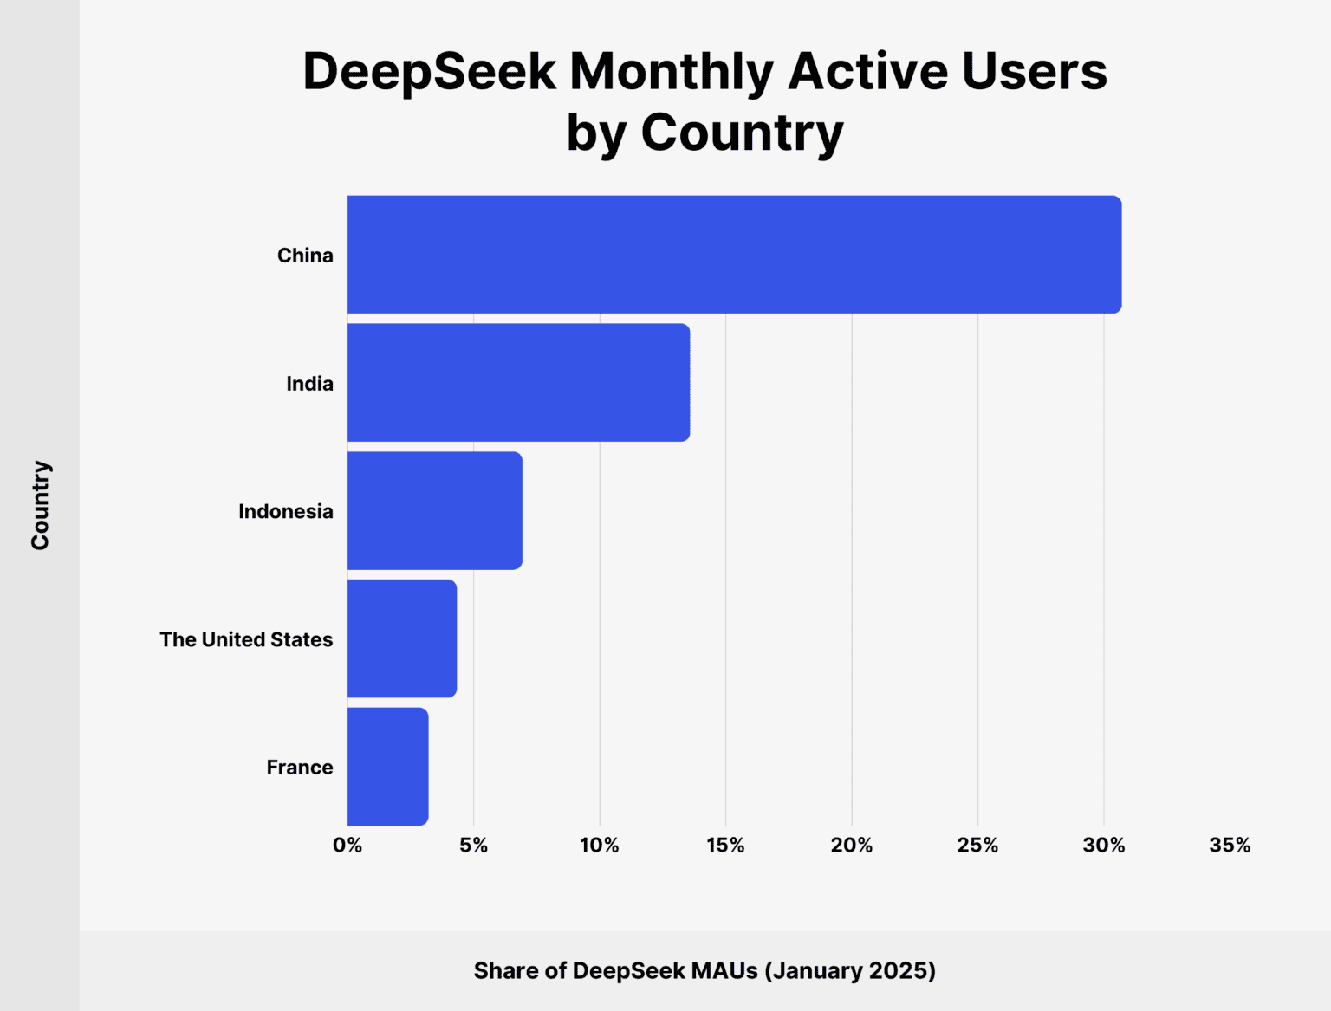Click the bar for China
(734, 255)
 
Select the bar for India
(518, 383)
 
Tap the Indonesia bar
(434, 511)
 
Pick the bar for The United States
(402, 638)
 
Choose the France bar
(387, 767)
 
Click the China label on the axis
(305, 256)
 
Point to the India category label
(309, 384)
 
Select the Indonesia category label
(285, 512)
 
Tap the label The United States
(246, 639)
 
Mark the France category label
(299, 768)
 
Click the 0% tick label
(347, 846)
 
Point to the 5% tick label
(473, 846)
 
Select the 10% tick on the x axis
(600, 846)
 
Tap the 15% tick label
(725, 846)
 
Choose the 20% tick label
(851, 846)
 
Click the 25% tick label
(977, 846)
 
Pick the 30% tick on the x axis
(1103, 846)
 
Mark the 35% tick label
(1230, 846)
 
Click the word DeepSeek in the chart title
(429, 71)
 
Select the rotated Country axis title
(41, 505)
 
